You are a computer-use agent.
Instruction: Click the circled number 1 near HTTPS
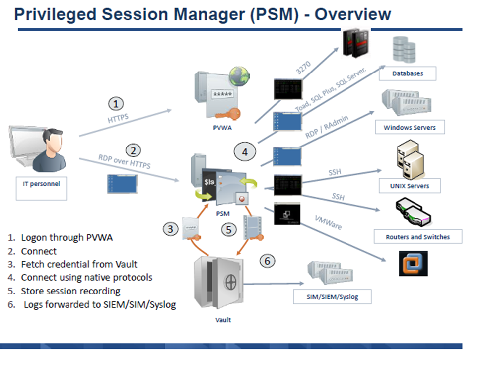click(115, 104)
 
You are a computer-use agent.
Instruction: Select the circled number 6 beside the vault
click(268, 261)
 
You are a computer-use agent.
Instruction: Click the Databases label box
click(408, 73)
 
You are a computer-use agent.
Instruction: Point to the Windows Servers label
click(410, 127)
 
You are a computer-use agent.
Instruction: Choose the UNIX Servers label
click(410, 186)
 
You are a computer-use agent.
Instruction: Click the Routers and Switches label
click(417, 237)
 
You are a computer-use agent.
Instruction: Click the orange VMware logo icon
click(413, 263)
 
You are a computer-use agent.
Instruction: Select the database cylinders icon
click(403, 49)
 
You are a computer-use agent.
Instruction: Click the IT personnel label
click(41, 183)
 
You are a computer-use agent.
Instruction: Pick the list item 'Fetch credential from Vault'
click(79, 264)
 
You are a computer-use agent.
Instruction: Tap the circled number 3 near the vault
click(170, 229)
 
